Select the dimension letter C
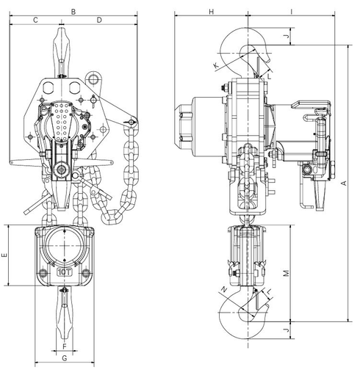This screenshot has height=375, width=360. click(x=35, y=21)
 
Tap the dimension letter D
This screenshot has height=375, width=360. click(x=99, y=21)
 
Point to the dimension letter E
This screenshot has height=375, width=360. click(x=4, y=256)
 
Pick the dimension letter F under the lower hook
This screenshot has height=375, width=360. click(x=65, y=346)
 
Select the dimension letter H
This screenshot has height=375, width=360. click(x=210, y=11)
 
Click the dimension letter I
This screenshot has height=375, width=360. click(x=292, y=11)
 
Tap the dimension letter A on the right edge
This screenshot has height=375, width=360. click(x=345, y=183)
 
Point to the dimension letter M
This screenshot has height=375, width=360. click(x=287, y=272)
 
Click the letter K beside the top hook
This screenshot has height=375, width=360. click(x=215, y=66)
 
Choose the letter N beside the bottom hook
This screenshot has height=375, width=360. click(x=225, y=289)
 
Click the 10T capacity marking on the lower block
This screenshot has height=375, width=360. click(x=65, y=272)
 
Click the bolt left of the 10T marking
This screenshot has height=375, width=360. click(x=44, y=273)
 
